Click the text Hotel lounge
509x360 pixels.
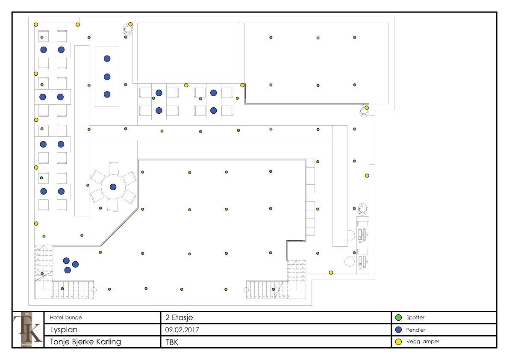tap(66, 318)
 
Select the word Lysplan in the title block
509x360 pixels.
tap(64, 330)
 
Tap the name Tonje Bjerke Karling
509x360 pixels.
tap(85, 342)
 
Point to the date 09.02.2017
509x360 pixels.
tap(182, 330)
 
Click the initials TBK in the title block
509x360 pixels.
tap(172, 342)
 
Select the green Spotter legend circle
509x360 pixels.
tap(399, 318)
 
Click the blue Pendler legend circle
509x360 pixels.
tap(399, 330)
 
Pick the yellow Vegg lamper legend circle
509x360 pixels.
tap(399, 342)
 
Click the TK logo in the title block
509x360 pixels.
tap(28, 329)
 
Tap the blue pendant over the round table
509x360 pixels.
tap(113, 187)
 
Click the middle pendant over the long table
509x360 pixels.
tap(107, 77)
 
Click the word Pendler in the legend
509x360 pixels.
tap(416, 330)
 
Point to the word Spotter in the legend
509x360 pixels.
tap(415, 318)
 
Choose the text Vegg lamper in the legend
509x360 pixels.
tap(423, 342)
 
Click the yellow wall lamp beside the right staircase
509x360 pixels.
tap(331, 272)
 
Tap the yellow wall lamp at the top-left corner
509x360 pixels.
tap(36, 24)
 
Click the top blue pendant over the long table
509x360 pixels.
tap(107, 59)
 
